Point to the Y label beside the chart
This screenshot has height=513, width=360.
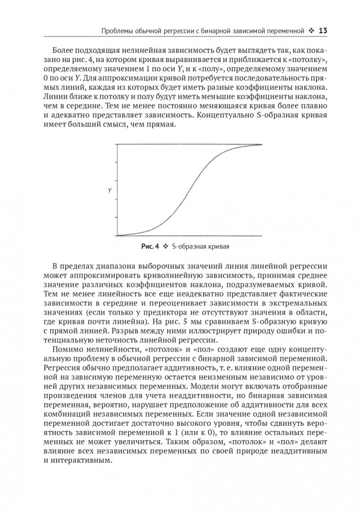(x=110, y=190)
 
